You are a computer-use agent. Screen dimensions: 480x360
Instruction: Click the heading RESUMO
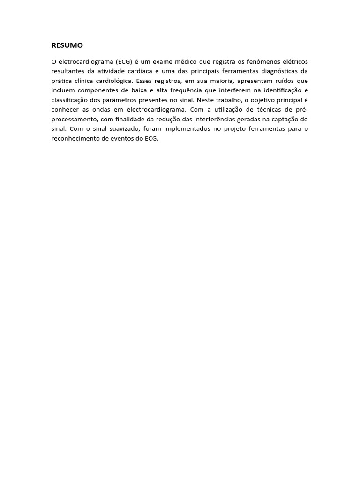[67, 45]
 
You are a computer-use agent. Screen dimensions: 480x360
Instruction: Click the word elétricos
[294, 62]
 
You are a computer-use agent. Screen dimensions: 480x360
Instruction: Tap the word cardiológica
[111, 81]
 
